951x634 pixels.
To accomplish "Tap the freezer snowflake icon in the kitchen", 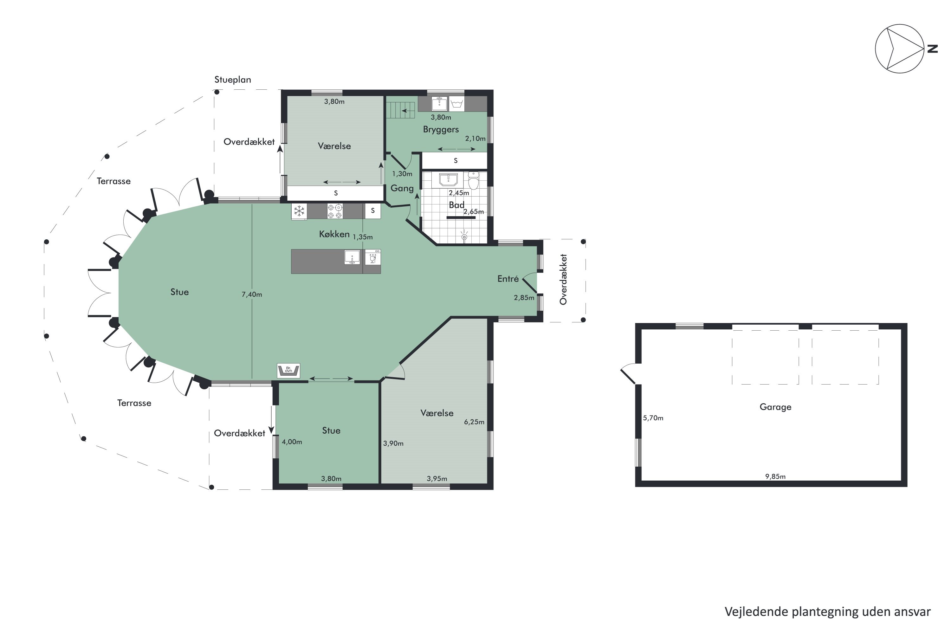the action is [299, 211].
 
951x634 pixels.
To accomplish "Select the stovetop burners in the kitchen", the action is [335, 211].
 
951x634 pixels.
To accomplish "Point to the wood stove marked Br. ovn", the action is [288, 370].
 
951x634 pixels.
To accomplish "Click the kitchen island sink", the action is [352, 257].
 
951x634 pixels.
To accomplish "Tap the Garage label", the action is [775, 407].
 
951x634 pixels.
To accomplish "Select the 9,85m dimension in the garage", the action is [775, 476].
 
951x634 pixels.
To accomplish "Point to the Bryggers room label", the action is [441, 129].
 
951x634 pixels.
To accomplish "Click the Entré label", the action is [508, 279].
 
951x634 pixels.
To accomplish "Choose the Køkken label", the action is [334, 234].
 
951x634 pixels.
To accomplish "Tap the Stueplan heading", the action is [232, 80].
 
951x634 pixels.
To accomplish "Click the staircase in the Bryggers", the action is [400, 110].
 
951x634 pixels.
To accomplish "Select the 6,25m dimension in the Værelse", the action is [474, 422].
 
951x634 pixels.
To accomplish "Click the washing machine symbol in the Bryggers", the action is [456, 104].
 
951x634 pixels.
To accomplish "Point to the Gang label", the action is [402, 188].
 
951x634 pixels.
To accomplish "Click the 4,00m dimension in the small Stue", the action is [292, 442].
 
